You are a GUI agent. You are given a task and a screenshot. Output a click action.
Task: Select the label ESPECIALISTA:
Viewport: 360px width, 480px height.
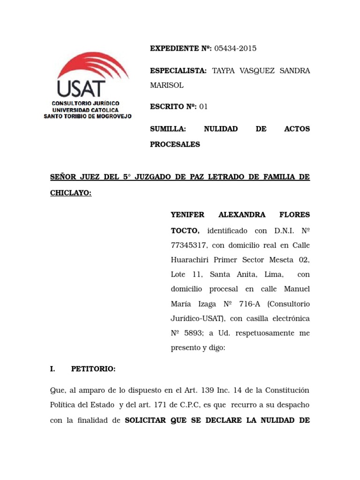click(178, 71)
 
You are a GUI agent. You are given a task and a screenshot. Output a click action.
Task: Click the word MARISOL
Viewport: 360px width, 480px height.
click(166, 86)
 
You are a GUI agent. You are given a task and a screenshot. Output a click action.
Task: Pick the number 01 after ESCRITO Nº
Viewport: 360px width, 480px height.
click(203, 106)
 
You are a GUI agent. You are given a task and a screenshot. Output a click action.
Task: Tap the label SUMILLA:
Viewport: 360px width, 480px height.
click(168, 128)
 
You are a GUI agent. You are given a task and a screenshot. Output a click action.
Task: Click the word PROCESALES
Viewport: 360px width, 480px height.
click(175, 144)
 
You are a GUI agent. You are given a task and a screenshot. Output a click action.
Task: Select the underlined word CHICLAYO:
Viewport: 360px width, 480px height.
click(70, 193)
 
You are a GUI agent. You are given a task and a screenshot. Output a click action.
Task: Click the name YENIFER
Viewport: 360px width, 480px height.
click(187, 215)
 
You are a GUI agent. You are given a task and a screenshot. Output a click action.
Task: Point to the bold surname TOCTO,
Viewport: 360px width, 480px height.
click(185, 231)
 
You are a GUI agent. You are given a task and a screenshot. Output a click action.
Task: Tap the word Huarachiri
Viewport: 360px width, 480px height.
click(190, 260)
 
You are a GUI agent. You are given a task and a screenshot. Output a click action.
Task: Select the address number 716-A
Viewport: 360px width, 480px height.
click(249, 304)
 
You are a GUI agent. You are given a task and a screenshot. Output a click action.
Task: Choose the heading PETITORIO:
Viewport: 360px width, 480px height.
click(93, 369)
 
